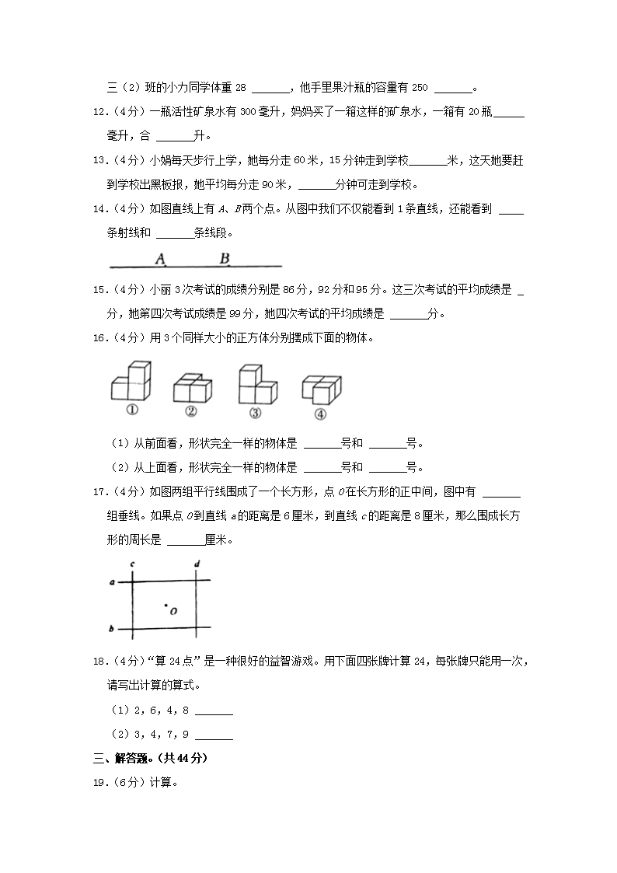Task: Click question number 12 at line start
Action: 99,113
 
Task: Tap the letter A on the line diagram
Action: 160,259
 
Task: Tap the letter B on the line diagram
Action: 224,259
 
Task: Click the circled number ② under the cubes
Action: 190,412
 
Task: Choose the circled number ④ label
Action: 320,414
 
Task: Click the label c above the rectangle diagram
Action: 133,564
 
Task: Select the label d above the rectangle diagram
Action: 197,564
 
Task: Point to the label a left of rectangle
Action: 113,581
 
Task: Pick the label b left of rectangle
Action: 113,628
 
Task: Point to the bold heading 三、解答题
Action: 150,758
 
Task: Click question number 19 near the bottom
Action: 99,782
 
